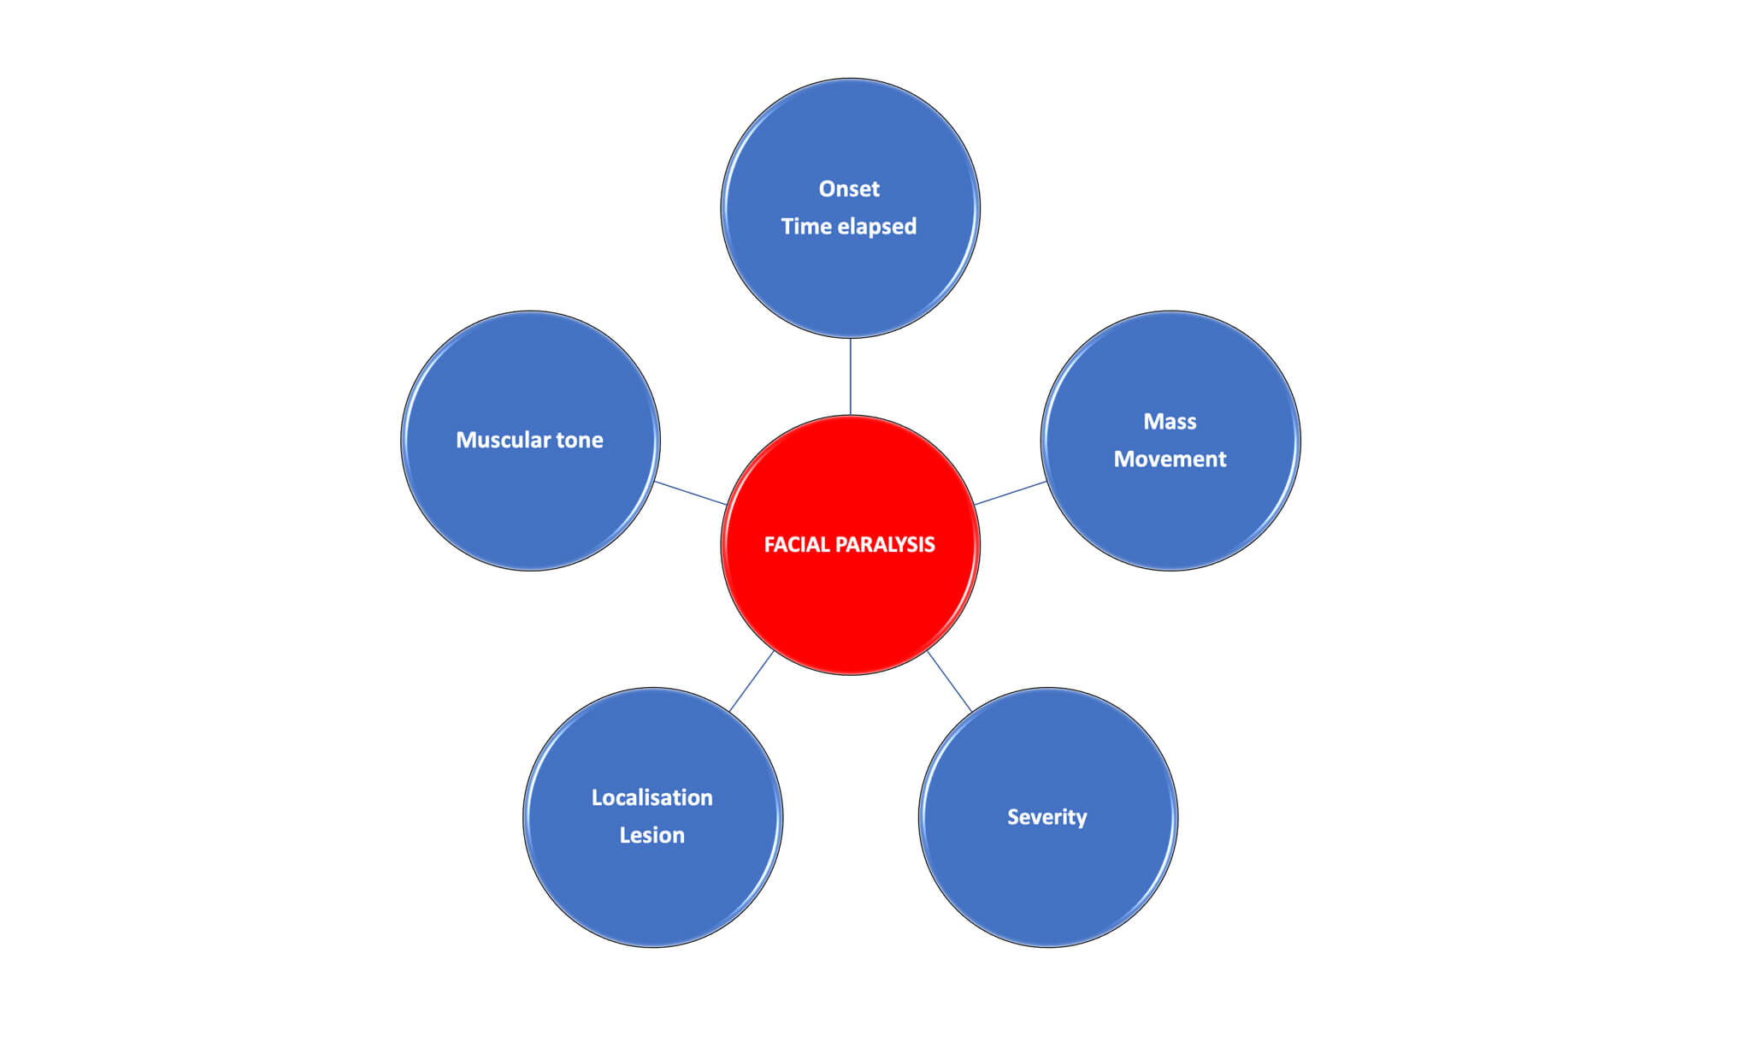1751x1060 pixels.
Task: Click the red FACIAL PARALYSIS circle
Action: click(850, 545)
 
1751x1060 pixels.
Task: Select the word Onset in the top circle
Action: click(849, 189)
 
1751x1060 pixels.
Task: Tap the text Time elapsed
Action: click(848, 227)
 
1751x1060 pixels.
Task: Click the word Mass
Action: click(1170, 422)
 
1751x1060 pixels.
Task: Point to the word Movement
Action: click(1170, 459)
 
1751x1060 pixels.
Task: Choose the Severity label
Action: click(1046, 818)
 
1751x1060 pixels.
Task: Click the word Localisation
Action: click(651, 797)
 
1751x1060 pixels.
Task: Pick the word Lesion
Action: click(651, 835)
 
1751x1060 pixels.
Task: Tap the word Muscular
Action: click(503, 440)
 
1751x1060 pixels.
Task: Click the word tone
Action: click(580, 441)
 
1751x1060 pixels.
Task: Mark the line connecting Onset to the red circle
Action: click(850, 376)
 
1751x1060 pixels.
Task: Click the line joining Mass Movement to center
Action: click(1011, 493)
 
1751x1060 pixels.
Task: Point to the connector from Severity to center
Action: click(949, 680)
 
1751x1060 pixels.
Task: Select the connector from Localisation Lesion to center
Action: click(752, 681)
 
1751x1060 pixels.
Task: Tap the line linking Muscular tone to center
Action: click(690, 493)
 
